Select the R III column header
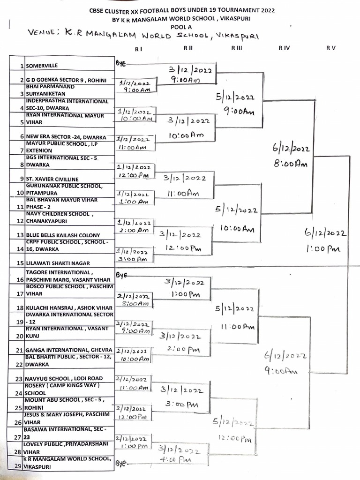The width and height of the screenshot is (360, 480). [x=236, y=48]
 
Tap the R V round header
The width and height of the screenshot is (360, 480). [x=331, y=48]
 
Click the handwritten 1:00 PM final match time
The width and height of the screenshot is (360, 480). [x=323, y=249]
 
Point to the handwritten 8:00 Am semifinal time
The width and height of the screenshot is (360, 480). [x=291, y=164]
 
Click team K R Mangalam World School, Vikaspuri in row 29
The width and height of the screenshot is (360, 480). [x=68, y=463]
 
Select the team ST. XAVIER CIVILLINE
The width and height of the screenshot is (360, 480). [x=52, y=179]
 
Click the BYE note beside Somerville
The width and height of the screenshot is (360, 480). [x=121, y=62]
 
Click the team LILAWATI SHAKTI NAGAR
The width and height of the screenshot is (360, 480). [x=58, y=263]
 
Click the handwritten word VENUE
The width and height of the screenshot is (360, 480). [x=43, y=33]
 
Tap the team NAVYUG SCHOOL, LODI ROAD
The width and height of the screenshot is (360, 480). [x=64, y=378]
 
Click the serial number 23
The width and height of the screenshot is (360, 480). [x=19, y=379]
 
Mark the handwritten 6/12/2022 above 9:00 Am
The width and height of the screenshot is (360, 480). [x=285, y=356]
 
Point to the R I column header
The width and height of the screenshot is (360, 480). [x=138, y=48]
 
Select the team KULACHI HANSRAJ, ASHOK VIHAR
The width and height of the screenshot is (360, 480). [x=69, y=307]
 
